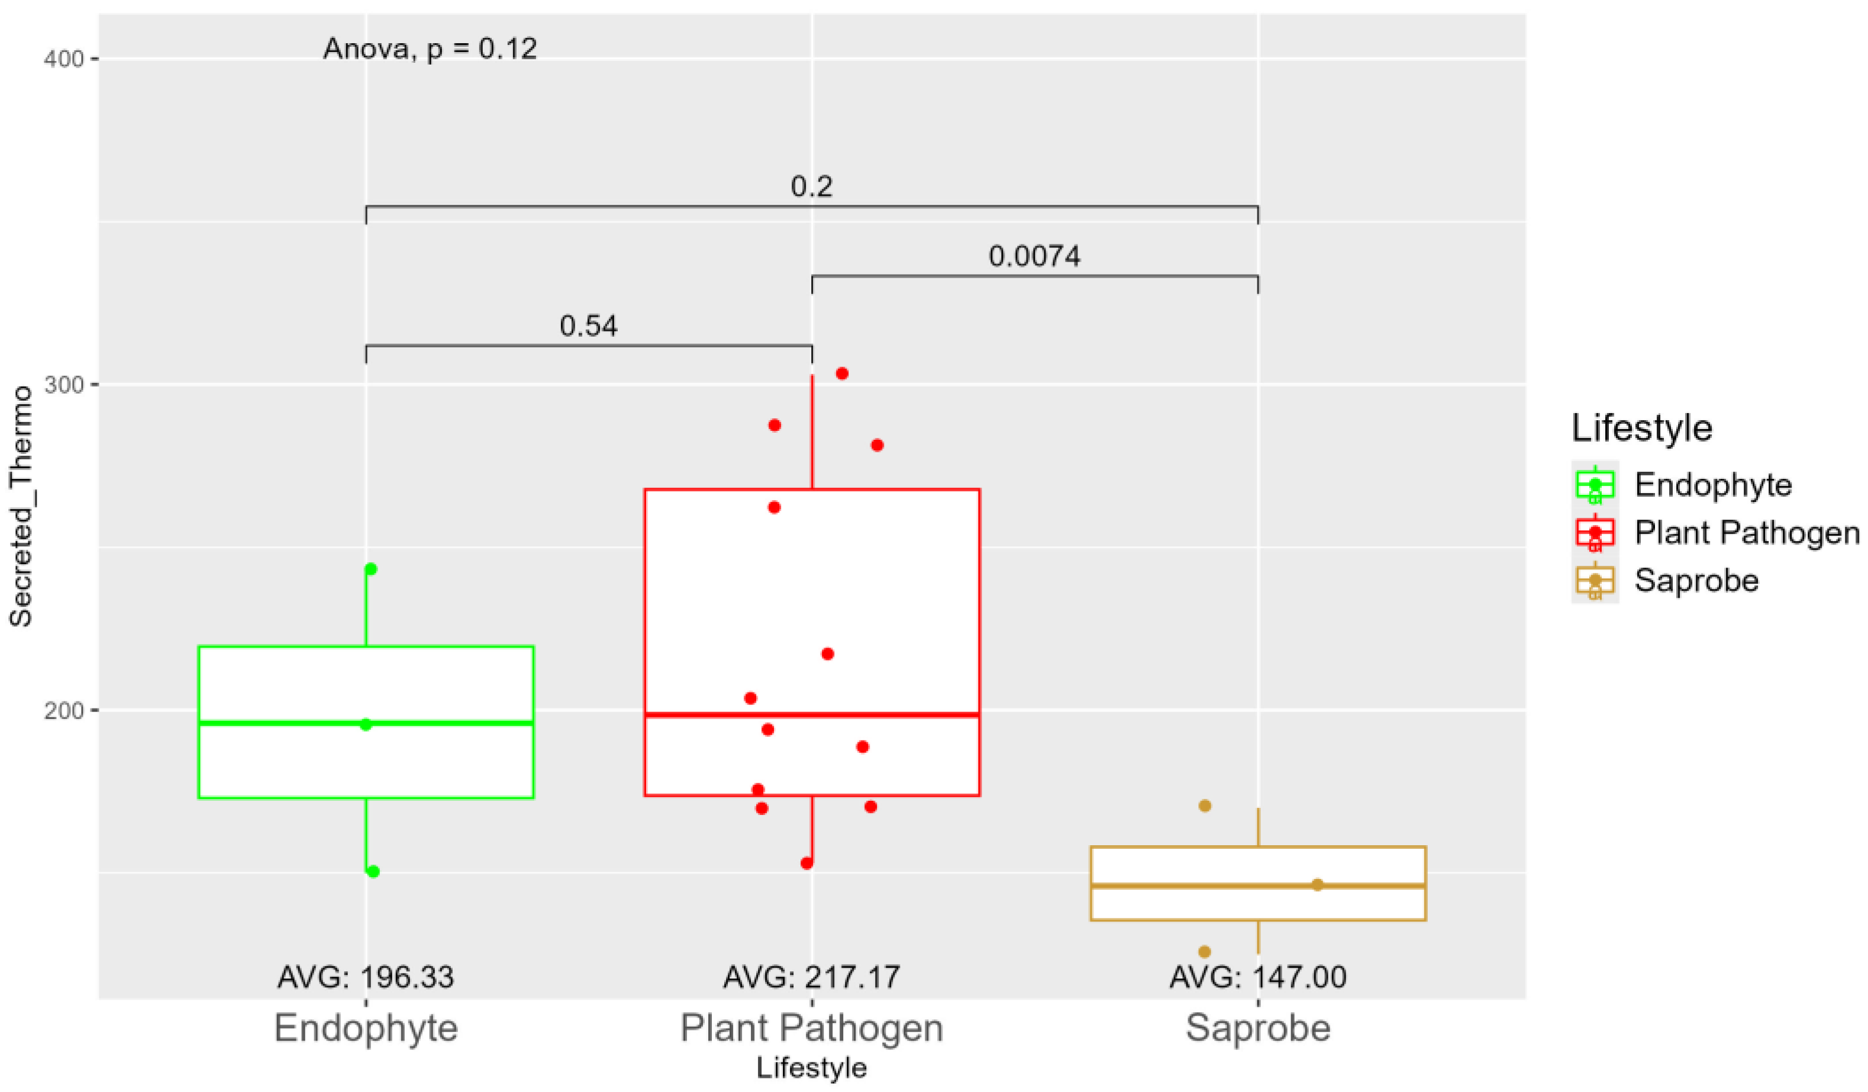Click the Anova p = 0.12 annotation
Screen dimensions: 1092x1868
pos(430,49)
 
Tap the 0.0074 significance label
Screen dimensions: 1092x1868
pos(1034,256)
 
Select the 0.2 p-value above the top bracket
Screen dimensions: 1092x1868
pos(812,186)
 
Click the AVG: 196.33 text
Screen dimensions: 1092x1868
pos(366,977)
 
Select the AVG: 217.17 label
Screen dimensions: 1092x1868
pos(812,977)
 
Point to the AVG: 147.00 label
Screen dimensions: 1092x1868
pos(1258,977)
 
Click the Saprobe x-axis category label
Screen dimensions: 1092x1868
pos(1258,1028)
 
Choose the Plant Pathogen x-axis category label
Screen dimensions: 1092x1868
pos(812,1028)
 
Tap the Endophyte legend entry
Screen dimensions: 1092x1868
pos(1712,485)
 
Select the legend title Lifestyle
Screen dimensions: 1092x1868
pos(1641,429)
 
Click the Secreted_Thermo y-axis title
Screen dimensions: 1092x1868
pos(21,505)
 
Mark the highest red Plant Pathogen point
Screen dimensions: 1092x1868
pos(842,373)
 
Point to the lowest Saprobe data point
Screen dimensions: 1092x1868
pos(1205,952)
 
